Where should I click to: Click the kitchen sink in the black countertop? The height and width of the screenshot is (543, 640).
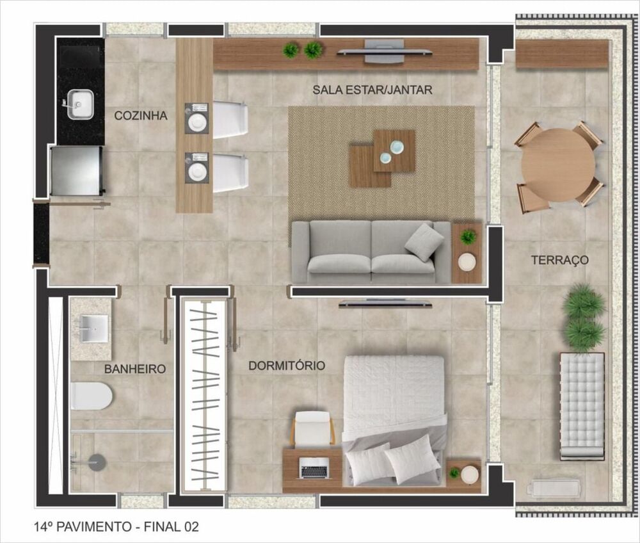click(80, 102)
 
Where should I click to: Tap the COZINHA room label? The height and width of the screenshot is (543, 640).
click(141, 116)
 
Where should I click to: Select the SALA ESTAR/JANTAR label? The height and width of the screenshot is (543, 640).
click(372, 90)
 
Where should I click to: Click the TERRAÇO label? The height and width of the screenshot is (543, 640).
click(559, 261)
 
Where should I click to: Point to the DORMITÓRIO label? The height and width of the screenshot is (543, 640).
click(286, 366)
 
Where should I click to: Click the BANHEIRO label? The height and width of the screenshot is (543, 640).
click(135, 369)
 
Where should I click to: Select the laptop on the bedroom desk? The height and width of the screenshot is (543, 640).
click(314, 471)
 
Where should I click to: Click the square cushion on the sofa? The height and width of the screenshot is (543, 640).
click(424, 241)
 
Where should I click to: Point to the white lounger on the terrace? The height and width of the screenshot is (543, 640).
click(582, 405)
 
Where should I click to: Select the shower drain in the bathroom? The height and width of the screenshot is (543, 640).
click(97, 462)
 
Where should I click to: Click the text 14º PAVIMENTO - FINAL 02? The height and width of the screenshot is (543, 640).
click(116, 527)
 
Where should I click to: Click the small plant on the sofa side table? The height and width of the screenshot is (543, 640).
click(468, 237)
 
